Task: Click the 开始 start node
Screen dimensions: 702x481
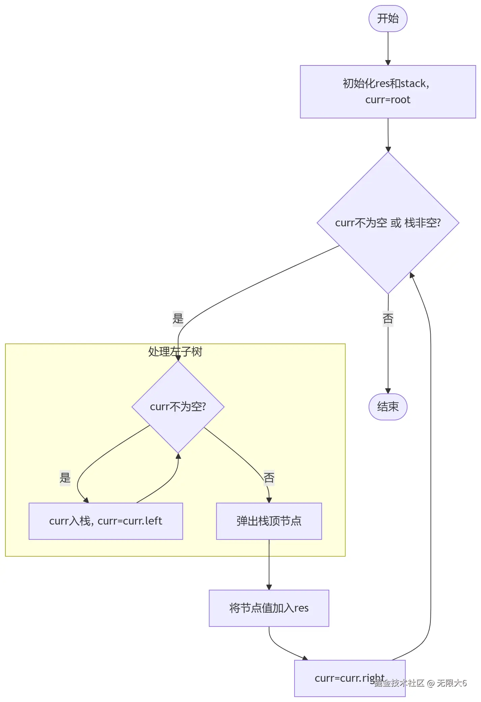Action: tap(388, 19)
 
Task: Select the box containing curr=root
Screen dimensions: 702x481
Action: tap(388, 92)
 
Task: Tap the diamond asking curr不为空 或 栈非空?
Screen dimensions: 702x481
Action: tap(388, 223)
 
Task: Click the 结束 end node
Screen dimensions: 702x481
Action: tap(388, 406)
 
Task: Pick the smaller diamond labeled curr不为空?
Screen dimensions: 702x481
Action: tap(178, 407)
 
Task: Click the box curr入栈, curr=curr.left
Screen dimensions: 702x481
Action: tap(106, 521)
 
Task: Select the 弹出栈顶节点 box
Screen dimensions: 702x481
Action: tap(269, 521)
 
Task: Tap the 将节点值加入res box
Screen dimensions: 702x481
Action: tap(269, 608)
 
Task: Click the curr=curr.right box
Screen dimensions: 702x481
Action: tap(349, 678)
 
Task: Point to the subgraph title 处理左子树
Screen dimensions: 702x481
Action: tap(175, 352)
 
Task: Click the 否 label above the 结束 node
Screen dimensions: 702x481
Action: tap(388, 318)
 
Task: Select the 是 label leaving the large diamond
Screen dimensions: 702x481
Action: tap(178, 318)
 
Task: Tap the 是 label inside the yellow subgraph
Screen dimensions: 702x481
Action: tap(65, 478)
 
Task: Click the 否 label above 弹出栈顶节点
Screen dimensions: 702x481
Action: tap(269, 478)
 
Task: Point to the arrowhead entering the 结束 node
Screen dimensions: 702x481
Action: tap(388, 391)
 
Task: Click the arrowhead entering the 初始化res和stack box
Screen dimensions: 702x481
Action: tap(388, 63)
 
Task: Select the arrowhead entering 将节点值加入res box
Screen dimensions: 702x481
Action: tap(269, 587)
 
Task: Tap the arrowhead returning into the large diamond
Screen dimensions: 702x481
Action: tap(412, 275)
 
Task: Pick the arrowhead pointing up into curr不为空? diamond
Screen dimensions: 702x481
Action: tap(178, 456)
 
